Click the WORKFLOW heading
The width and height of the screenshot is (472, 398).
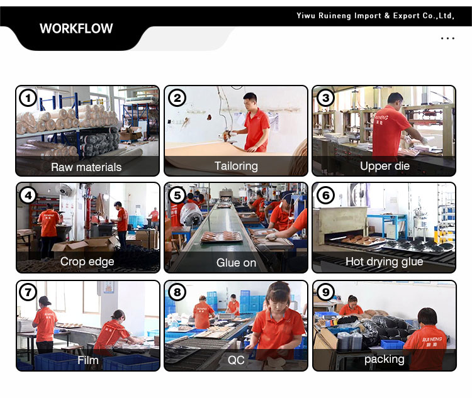pyautogui.click(x=76, y=28)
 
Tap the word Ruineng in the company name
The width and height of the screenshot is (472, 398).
pyautogui.click(x=335, y=16)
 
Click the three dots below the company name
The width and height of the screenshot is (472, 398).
pyautogui.click(x=447, y=38)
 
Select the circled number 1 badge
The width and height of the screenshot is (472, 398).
pyautogui.click(x=28, y=98)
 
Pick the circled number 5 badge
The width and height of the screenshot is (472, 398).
pyautogui.click(x=177, y=196)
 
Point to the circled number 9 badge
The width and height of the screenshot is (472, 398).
pyautogui.click(x=325, y=292)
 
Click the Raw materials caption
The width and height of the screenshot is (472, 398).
pyautogui.click(x=86, y=167)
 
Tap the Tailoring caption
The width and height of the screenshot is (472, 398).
pyautogui.click(x=236, y=166)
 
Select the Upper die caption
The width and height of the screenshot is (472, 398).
pyautogui.click(x=385, y=166)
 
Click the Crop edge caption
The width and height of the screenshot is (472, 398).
pyautogui.click(x=87, y=262)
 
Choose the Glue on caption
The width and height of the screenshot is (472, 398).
pyautogui.click(x=236, y=263)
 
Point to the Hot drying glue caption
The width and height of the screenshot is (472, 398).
pyautogui.click(x=384, y=262)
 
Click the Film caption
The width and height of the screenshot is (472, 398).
pyautogui.click(x=88, y=360)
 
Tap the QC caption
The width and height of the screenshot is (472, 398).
pyautogui.click(x=236, y=360)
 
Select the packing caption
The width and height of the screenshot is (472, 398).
pyautogui.click(x=384, y=360)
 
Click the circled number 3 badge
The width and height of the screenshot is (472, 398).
pyautogui.click(x=325, y=98)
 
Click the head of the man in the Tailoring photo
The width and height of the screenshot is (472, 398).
pyautogui.click(x=250, y=101)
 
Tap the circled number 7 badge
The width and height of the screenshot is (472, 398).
pyautogui.click(x=28, y=292)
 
